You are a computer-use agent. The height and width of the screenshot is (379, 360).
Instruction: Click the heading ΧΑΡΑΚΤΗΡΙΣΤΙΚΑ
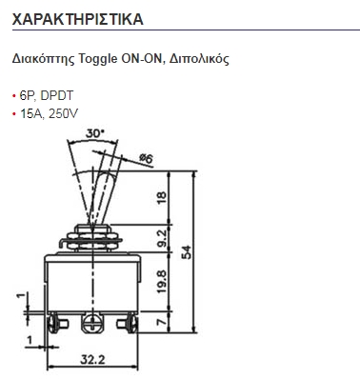coord(78,19)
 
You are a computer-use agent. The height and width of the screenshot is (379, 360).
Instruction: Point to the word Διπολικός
coord(199,59)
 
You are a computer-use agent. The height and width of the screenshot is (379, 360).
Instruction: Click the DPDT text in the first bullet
coord(57,95)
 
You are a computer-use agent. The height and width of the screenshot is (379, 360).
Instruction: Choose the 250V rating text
coord(63,113)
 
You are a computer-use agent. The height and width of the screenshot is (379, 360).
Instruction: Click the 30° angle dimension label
coord(94,133)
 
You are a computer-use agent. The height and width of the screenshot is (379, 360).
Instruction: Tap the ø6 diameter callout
coord(146,158)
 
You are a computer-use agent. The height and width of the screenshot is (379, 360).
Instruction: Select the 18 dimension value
coord(162,197)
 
